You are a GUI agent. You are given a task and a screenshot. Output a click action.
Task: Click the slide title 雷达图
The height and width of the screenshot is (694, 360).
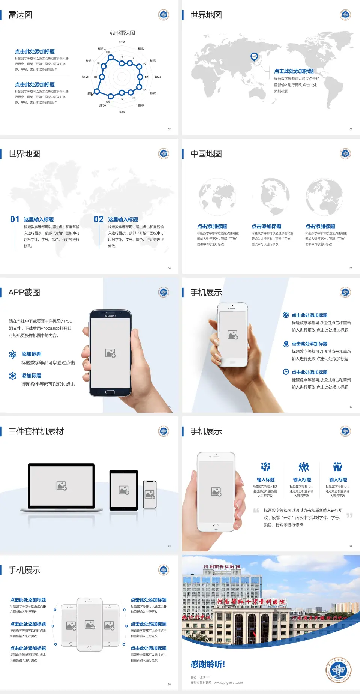click(20, 15)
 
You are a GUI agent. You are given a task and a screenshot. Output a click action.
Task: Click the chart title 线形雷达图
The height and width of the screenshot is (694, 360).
click(122, 33)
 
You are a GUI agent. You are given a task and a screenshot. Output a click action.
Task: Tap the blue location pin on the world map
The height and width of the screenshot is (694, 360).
click(254, 57)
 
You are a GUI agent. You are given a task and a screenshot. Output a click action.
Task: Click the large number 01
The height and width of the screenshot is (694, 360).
click(15, 219)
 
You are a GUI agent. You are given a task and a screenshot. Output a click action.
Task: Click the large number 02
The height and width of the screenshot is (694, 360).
click(99, 219)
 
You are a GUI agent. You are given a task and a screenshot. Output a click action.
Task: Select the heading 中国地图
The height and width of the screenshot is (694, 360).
click(206, 154)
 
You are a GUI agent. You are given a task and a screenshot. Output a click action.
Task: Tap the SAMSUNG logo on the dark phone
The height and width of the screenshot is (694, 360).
click(110, 316)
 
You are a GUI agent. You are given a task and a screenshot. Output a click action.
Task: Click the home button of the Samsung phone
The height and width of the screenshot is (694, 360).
click(110, 392)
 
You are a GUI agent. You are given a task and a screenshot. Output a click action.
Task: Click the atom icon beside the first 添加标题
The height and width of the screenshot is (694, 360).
click(13, 355)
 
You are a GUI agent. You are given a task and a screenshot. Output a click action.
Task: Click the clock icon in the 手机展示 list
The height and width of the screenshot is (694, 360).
click(286, 372)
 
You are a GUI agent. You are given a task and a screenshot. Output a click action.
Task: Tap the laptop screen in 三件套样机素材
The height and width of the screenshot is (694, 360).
click(61, 485)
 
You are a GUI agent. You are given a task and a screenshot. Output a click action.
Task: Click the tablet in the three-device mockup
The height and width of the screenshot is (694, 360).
click(123, 490)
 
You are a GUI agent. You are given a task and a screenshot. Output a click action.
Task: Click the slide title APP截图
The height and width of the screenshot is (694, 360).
click(24, 293)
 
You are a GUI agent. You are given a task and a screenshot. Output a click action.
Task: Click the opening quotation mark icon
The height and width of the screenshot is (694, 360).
click(256, 510)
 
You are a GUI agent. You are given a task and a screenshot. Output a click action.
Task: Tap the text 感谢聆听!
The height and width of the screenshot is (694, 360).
click(207, 664)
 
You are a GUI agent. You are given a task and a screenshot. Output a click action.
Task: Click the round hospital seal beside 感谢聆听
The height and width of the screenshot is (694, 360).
click(338, 670)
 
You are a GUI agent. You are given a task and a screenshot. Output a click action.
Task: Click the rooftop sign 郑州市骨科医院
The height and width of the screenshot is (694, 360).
click(222, 567)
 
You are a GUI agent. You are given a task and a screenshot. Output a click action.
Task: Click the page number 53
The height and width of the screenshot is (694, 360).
click(351, 129)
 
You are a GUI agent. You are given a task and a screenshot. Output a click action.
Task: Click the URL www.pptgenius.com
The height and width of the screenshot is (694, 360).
click(228, 683)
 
